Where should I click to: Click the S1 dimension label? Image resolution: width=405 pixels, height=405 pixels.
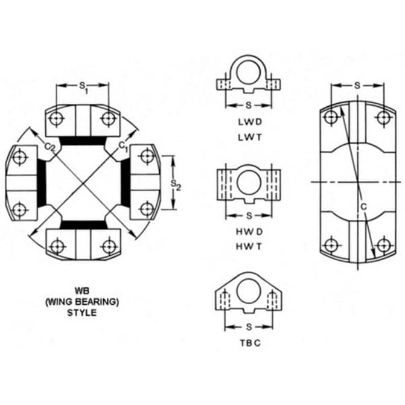click(x=83, y=88)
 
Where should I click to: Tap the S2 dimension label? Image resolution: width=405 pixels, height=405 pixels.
click(x=176, y=185)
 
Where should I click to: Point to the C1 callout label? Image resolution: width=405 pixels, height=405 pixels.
click(x=123, y=147)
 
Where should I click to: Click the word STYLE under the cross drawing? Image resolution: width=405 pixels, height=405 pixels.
click(x=82, y=313)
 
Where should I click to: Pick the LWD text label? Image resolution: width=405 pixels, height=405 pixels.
click(x=250, y=122)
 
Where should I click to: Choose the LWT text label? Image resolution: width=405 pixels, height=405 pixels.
click(x=250, y=138)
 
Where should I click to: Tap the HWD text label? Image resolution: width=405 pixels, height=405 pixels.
click(x=249, y=232)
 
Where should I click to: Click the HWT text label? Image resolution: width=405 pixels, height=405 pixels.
click(x=249, y=247)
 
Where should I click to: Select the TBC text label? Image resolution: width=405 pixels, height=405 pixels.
click(x=250, y=343)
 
